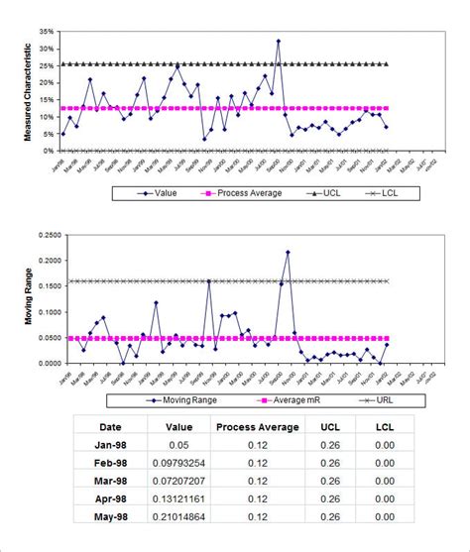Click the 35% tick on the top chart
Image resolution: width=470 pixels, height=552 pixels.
[x=46, y=32]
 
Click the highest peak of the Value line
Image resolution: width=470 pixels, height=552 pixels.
[x=278, y=42]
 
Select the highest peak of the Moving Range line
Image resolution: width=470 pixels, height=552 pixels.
[x=288, y=253]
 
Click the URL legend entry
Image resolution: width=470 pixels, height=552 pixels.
[x=363, y=400]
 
